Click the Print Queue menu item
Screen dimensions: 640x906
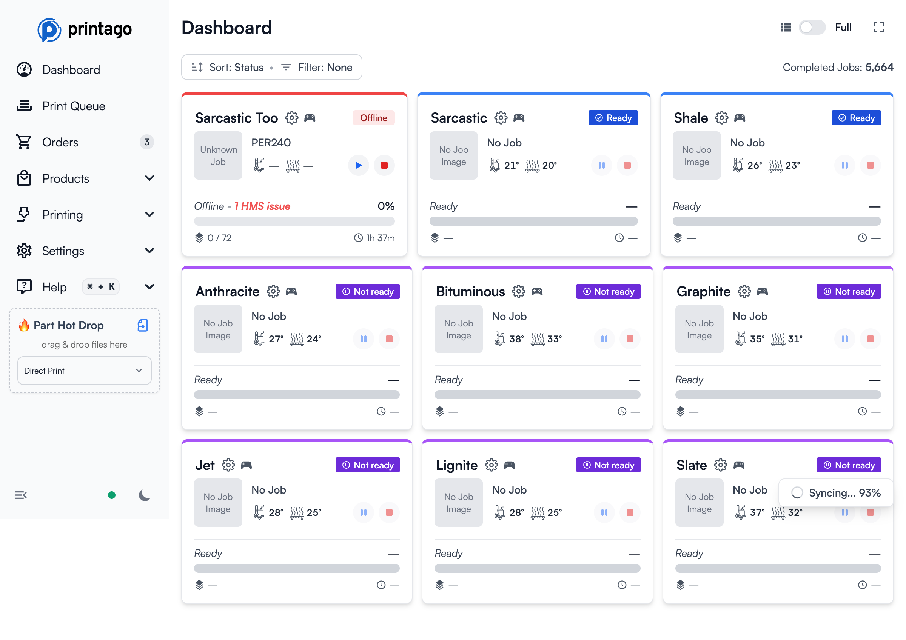[x=73, y=106]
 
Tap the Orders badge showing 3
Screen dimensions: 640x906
[x=146, y=142]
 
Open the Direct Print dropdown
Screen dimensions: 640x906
[x=84, y=371]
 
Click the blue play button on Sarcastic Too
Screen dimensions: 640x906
[x=358, y=165]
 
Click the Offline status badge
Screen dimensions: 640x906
[x=373, y=118]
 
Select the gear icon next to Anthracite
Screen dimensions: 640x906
[x=273, y=291]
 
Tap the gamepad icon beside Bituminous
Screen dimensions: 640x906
[x=537, y=291]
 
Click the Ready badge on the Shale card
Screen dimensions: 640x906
[x=855, y=118]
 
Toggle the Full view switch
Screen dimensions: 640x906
[x=811, y=27]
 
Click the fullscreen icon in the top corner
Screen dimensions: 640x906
[x=878, y=27]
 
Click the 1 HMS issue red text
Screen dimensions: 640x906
[x=262, y=206]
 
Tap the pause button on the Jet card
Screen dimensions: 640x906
[x=363, y=512]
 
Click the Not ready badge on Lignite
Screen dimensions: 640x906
[x=608, y=465]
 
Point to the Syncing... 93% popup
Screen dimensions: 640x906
[x=835, y=492]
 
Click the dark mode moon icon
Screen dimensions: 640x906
[x=145, y=495]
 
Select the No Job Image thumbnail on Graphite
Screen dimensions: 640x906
[x=699, y=329]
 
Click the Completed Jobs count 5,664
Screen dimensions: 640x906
[x=879, y=68]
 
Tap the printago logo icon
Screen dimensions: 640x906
[x=49, y=29]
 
